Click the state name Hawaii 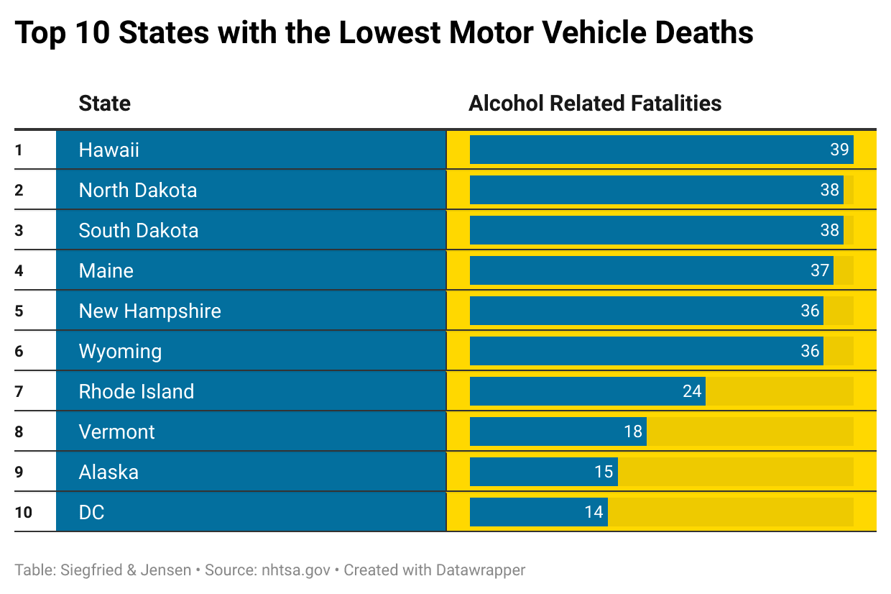tap(109, 150)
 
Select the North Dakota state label tap(137, 190)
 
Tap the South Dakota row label tap(138, 230)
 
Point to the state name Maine tap(106, 270)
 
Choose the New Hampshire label tap(149, 311)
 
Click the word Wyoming tap(120, 351)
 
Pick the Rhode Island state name tap(136, 391)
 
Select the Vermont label tap(116, 431)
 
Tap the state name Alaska tap(109, 472)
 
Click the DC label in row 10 tap(91, 512)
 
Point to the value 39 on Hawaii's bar tap(839, 150)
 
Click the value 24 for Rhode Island tap(691, 391)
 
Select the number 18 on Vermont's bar tap(632, 431)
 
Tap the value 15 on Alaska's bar tap(604, 472)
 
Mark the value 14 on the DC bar tap(594, 512)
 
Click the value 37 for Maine tap(820, 270)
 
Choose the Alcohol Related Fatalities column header tap(594, 104)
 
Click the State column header tap(104, 104)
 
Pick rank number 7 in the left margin tap(19, 391)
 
